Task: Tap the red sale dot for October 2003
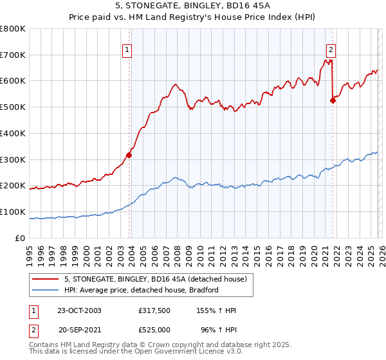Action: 129,154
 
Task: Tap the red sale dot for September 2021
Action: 333,100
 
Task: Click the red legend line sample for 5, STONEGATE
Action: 46,279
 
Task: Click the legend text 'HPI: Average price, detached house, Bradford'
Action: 142,290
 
